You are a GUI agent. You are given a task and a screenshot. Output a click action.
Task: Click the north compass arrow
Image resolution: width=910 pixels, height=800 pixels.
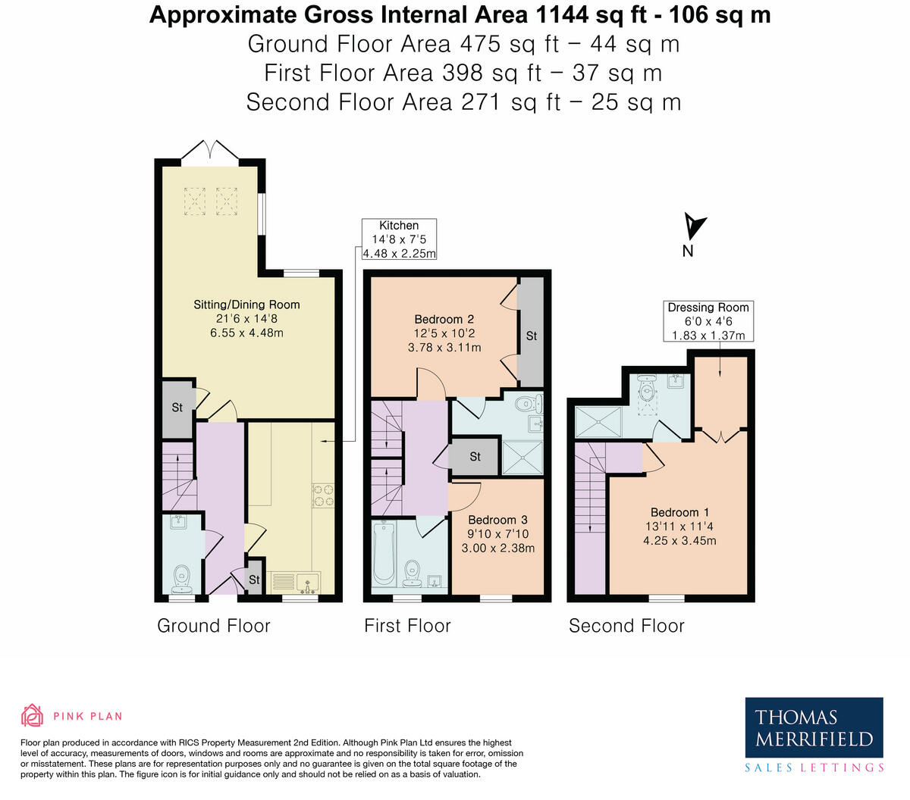tap(694, 226)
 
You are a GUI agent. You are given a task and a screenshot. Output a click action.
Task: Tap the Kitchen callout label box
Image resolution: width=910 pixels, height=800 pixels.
tap(399, 239)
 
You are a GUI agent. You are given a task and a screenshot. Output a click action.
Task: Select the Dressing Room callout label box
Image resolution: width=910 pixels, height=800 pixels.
tap(708, 321)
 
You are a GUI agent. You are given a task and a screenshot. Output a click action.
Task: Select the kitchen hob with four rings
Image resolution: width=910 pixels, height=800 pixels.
tap(324, 495)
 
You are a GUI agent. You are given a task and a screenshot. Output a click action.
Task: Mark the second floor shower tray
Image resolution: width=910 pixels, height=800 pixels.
tap(598, 422)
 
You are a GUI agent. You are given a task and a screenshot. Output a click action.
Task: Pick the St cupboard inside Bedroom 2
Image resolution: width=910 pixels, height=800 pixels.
tap(531, 334)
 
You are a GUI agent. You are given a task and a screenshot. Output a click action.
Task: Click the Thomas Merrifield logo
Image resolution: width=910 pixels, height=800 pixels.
tap(814, 727)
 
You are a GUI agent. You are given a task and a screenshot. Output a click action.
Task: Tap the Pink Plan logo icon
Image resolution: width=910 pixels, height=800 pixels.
tap(33, 715)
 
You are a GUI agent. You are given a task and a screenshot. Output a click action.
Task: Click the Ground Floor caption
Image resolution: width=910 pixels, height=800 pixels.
tap(213, 626)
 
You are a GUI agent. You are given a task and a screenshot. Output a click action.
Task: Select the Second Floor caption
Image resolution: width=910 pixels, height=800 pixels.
tap(626, 626)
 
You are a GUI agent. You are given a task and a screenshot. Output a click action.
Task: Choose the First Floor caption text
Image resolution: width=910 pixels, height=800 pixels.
tap(407, 626)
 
